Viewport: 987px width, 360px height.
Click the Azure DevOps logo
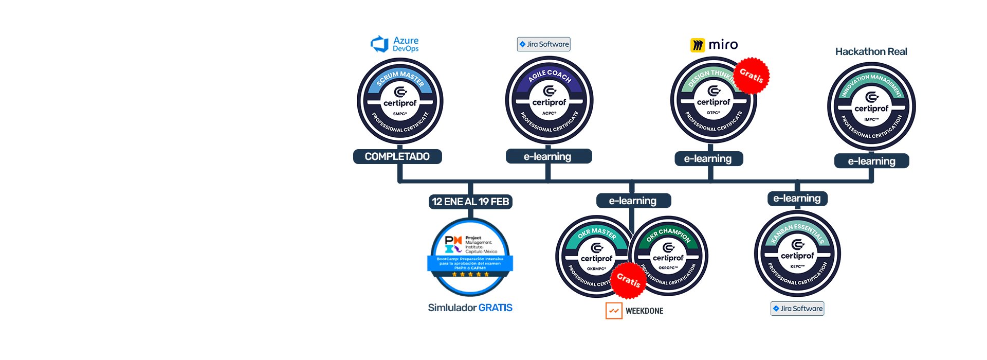pyautogui.click(x=395, y=44)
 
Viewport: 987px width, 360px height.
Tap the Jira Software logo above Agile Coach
pyautogui.click(x=544, y=44)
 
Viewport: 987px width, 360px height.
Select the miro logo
pyautogui.click(x=714, y=45)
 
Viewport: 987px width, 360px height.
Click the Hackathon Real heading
pyautogui.click(x=871, y=51)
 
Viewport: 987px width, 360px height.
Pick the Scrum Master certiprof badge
pyautogui.click(x=400, y=101)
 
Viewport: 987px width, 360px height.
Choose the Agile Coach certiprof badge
pyautogui.click(x=549, y=100)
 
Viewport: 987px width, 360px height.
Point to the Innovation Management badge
pyautogui.click(x=871, y=106)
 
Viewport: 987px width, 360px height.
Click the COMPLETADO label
pyautogui.click(x=397, y=156)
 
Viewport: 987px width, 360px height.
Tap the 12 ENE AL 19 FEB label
pyautogui.click(x=470, y=202)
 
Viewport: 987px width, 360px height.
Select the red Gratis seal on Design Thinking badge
pyautogui.click(x=751, y=76)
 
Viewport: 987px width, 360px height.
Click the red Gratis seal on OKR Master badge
pyautogui.click(x=628, y=280)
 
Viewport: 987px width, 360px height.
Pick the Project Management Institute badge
pyautogui.click(x=470, y=257)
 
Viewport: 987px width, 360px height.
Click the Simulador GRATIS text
pyautogui.click(x=470, y=308)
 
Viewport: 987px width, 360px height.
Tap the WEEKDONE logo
pyautogui.click(x=635, y=311)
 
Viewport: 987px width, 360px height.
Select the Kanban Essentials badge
pyautogui.click(x=797, y=254)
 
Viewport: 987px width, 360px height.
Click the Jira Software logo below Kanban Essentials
pyautogui.click(x=797, y=309)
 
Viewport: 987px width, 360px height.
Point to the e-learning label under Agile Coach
pyautogui.click(x=549, y=156)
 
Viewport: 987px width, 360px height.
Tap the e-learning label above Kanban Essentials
pyautogui.click(x=797, y=199)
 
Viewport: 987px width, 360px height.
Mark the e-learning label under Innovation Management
pyautogui.click(x=871, y=161)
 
